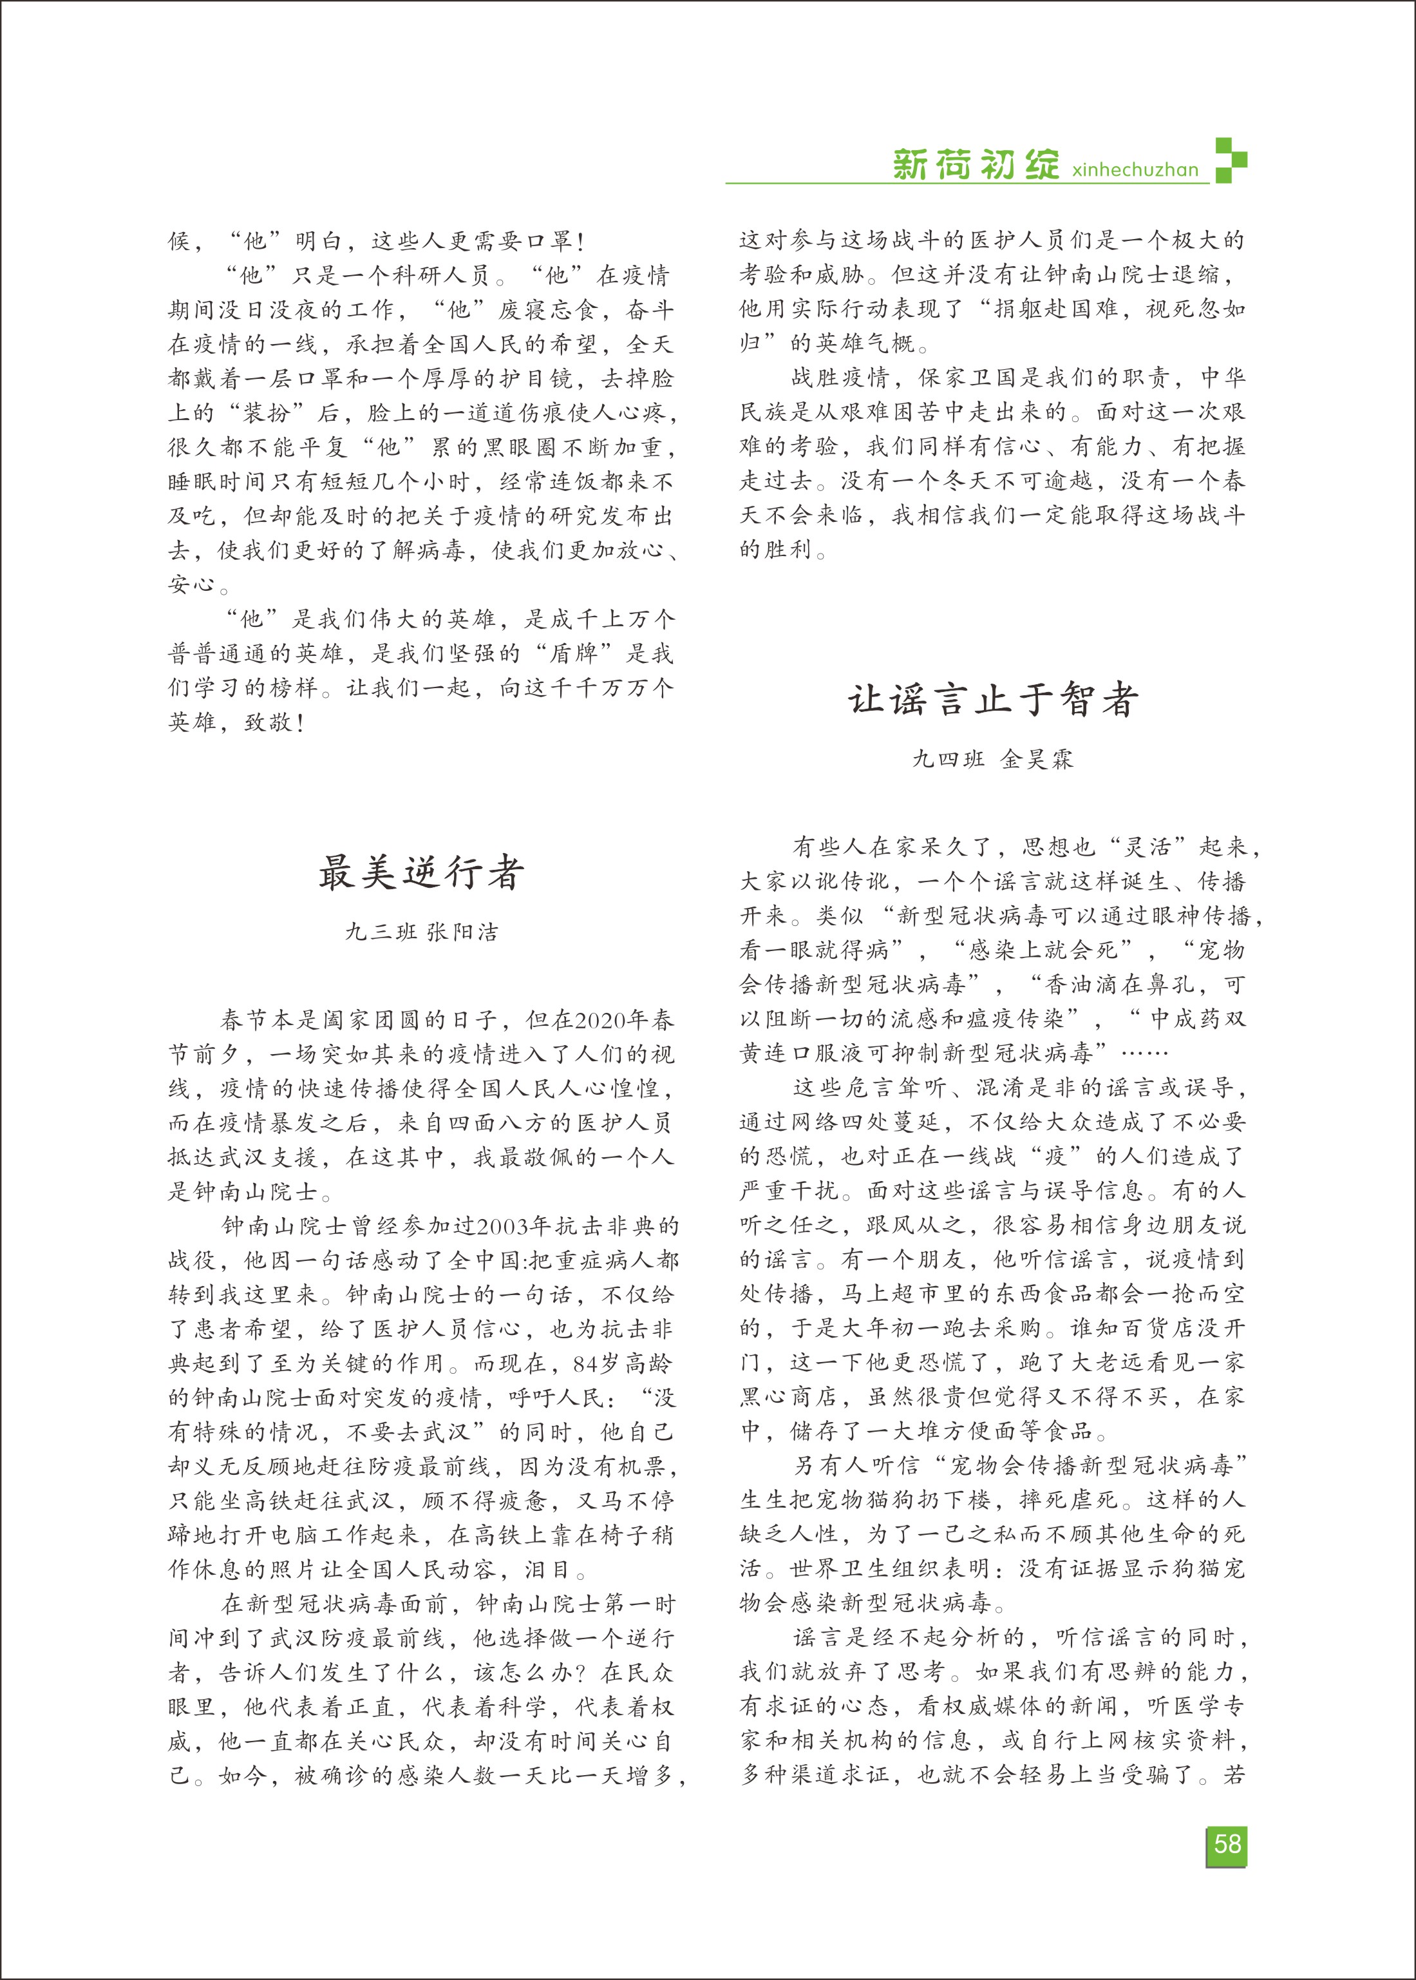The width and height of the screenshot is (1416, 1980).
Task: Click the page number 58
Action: [x=1227, y=1843]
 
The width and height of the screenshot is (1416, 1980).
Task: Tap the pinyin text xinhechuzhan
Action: [x=1135, y=169]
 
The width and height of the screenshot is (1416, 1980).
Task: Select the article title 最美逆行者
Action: [x=421, y=872]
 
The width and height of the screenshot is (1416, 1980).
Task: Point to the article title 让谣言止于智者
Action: [x=993, y=700]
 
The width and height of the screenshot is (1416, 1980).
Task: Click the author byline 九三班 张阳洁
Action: [x=421, y=932]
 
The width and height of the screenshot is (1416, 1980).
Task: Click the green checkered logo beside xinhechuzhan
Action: [x=1231, y=160]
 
